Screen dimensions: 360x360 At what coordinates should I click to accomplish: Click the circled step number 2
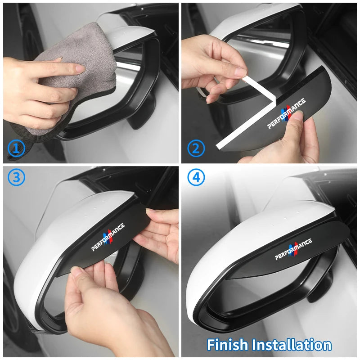click(x=196, y=148)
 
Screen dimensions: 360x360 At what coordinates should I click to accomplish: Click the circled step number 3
click(x=16, y=177)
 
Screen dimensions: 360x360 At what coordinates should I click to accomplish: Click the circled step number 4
click(x=196, y=177)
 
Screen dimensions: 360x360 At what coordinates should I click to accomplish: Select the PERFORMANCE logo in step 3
click(x=108, y=237)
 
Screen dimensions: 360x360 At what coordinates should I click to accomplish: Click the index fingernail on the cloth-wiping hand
click(x=80, y=68)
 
